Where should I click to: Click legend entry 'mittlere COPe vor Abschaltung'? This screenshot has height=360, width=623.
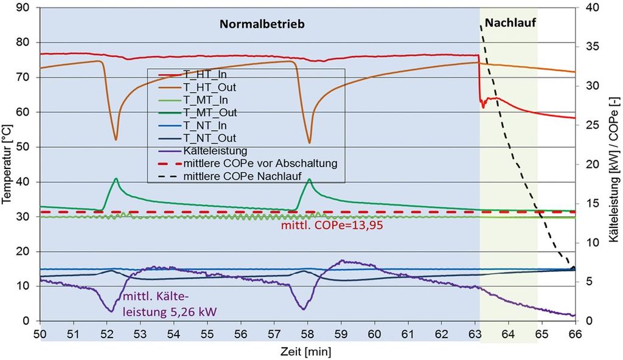[x=260, y=164]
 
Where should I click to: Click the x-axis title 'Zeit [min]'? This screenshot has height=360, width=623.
[x=307, y=351]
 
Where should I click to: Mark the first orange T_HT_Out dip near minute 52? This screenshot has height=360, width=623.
[x=116, y=139]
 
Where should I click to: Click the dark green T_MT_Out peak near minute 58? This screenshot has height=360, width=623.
[x=310, y=179]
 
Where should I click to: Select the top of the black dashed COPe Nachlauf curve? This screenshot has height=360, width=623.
[x=481, y=26]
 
